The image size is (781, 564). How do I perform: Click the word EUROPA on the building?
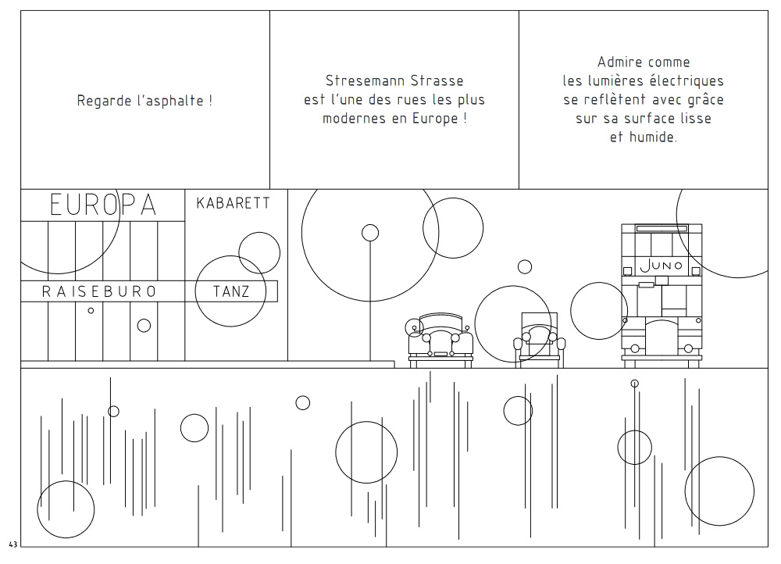click(x=103, y=205)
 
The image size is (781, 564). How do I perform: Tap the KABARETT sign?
click(x=233, y=203)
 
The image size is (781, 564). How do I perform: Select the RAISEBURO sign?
click(x=99, y=291)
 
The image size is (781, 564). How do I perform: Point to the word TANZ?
click(x=231, y=291)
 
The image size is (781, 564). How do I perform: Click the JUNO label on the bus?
click(x=661, y=265)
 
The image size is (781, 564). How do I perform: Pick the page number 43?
click(x=13, y=544)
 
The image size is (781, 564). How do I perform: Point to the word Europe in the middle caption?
click(x=435, y=119)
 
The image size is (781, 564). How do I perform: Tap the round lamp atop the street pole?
click(x=370, y=233)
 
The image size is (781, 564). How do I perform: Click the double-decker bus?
click(x=662, y=296)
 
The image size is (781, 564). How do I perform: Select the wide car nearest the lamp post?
click(x=440, y=341)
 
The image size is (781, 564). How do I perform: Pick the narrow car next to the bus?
click(x=540, y=341)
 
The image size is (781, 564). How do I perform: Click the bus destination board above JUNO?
click(x=662, y=229)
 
